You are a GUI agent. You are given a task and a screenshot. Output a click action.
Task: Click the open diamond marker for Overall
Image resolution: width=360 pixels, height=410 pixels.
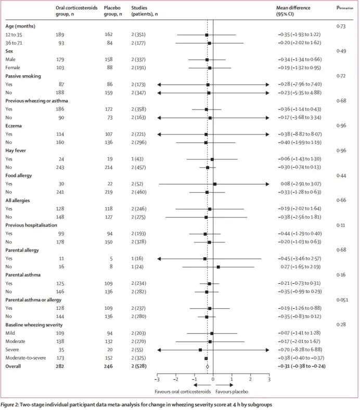(207, 366)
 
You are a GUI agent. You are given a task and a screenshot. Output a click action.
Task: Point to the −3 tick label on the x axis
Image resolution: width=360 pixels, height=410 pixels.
(157, 380)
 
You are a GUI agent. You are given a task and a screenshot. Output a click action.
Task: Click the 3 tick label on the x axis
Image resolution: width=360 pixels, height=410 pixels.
(269, 380)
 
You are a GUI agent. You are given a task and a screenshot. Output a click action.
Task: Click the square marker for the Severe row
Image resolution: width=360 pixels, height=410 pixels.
(200, 350)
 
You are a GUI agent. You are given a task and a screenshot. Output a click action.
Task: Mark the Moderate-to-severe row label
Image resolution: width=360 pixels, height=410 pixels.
(25, 358)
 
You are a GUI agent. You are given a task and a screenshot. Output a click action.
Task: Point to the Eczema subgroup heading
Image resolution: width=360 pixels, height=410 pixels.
(15, 126)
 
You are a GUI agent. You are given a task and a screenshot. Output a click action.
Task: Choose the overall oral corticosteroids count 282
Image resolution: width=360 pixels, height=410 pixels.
(60, 366)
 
